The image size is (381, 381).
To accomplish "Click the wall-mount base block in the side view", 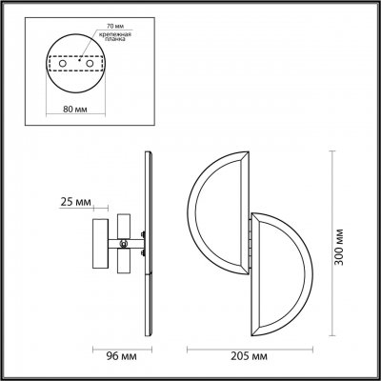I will click(x=100, y=243).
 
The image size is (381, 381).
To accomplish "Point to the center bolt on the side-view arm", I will click(x=140, y=242).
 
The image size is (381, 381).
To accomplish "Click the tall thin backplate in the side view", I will click(x=149, y=243).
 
